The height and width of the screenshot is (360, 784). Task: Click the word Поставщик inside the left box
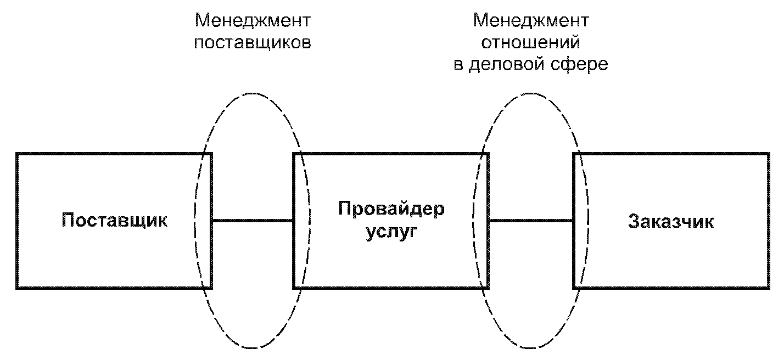(114, 221)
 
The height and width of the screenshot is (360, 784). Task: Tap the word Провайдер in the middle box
(391, 209)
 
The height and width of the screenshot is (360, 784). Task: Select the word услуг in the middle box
(391, 232)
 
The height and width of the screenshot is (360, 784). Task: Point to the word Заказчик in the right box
(670, 222)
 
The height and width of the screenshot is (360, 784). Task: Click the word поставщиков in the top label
(253, 43)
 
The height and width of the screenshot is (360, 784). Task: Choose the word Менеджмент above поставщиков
(253, 21)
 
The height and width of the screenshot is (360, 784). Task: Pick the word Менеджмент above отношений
(531, 21)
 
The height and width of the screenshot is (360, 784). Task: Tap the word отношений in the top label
(531, 42)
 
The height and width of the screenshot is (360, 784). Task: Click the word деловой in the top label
(505, 64)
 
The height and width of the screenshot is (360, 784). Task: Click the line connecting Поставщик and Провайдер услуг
(253, 221)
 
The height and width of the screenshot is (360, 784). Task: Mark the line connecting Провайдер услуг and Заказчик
(531, 221)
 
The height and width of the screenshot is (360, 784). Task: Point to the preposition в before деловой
(457, 65)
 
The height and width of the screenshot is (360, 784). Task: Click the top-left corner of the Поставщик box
(17, 154)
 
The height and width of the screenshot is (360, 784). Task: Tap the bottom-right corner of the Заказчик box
(766, 288)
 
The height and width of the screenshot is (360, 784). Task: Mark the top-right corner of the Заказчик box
(766, 154)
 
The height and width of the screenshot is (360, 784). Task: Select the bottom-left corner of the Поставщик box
(17, 288)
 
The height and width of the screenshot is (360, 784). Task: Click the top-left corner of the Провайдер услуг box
(295, 154)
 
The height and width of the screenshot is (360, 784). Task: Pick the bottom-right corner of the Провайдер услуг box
(488, 288)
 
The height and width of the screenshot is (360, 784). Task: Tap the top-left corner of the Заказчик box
(574, 154)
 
